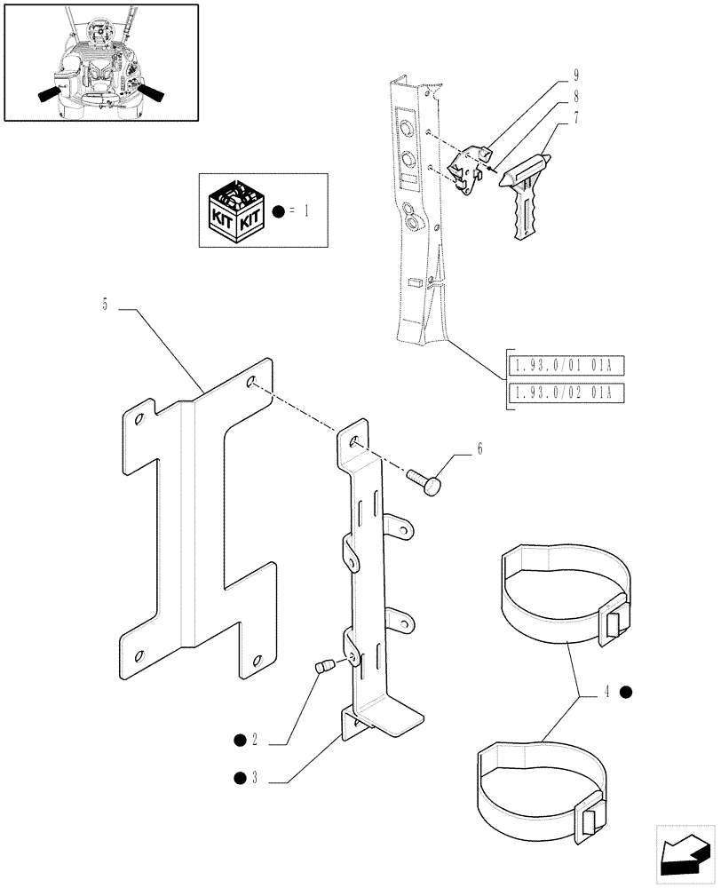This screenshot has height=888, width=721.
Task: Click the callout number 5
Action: [104, 305]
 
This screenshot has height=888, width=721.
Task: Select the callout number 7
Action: [576, 116]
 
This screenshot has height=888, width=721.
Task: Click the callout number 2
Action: [254, 740]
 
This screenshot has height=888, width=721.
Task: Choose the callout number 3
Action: [254, 779]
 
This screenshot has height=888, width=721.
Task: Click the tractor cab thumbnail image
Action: [100, 61]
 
